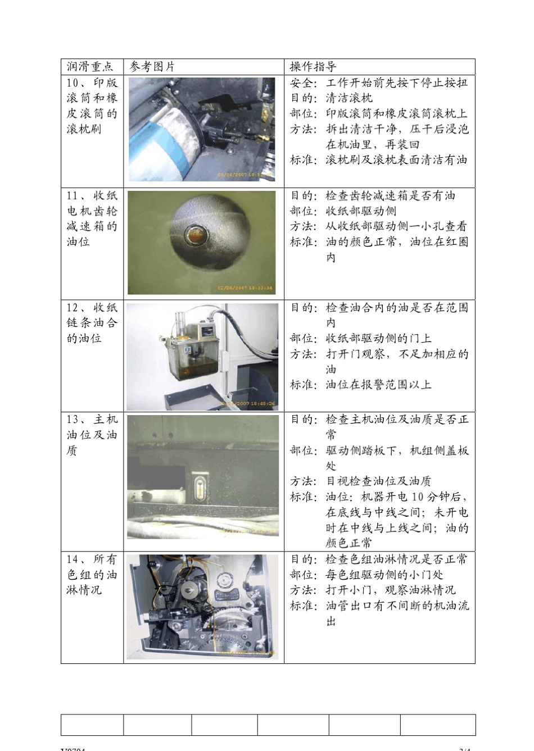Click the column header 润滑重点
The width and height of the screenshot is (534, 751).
click(90, 67)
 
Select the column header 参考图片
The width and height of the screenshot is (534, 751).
click(152, 67)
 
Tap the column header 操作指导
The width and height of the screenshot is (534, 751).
click(313, 67)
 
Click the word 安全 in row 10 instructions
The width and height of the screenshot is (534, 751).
click(302, 83)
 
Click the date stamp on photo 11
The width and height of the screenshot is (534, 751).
click(246, 288)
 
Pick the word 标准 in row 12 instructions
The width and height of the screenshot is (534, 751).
click(302, 385)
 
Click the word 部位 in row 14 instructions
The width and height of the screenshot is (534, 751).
click(302, 575)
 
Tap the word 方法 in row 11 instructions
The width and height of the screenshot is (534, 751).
click(302, 226)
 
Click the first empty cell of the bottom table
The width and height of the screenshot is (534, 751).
click(92, 725)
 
